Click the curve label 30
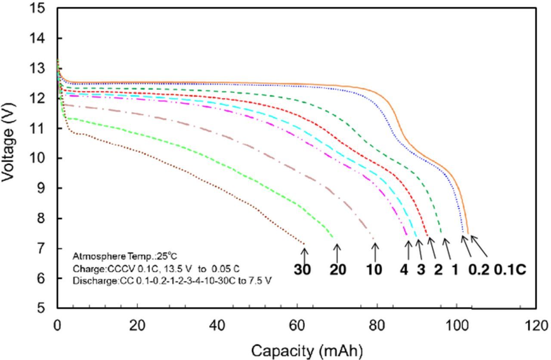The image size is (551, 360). pos(302,270)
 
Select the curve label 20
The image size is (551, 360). pos(338,270)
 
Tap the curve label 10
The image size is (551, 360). pos(374,270)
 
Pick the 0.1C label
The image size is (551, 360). pos(510,270)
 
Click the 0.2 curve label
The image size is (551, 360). pos(479,270)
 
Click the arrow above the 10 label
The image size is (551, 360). pos(375,252)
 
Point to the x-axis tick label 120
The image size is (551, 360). pos(536,326)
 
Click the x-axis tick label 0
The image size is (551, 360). pos(57,326)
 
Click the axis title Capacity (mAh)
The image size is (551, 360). pos(306,351)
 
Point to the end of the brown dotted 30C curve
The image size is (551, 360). pos(304,244)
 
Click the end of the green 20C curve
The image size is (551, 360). pos(333,237)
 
